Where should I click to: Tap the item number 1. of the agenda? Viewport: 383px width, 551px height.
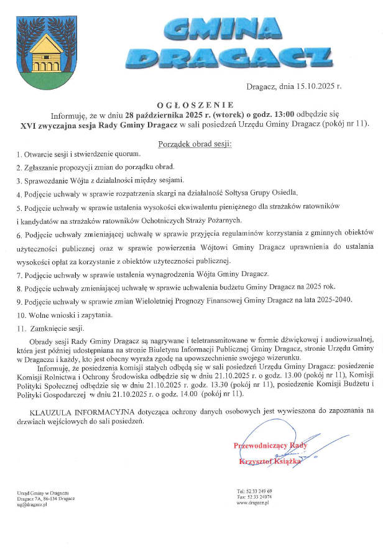19,154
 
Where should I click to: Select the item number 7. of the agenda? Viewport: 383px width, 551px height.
19,274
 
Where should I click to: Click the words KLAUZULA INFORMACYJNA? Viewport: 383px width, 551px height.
75,395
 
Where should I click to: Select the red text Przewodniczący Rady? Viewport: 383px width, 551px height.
270,445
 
